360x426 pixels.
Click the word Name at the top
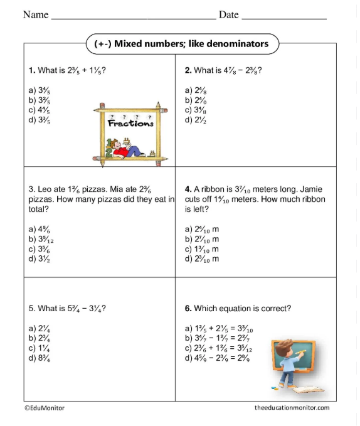coord(36,14)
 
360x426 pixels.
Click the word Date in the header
coord(228,14)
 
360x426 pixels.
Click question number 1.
coord(31,70)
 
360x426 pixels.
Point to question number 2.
coord(188,70)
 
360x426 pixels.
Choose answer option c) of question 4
coord(201,249)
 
